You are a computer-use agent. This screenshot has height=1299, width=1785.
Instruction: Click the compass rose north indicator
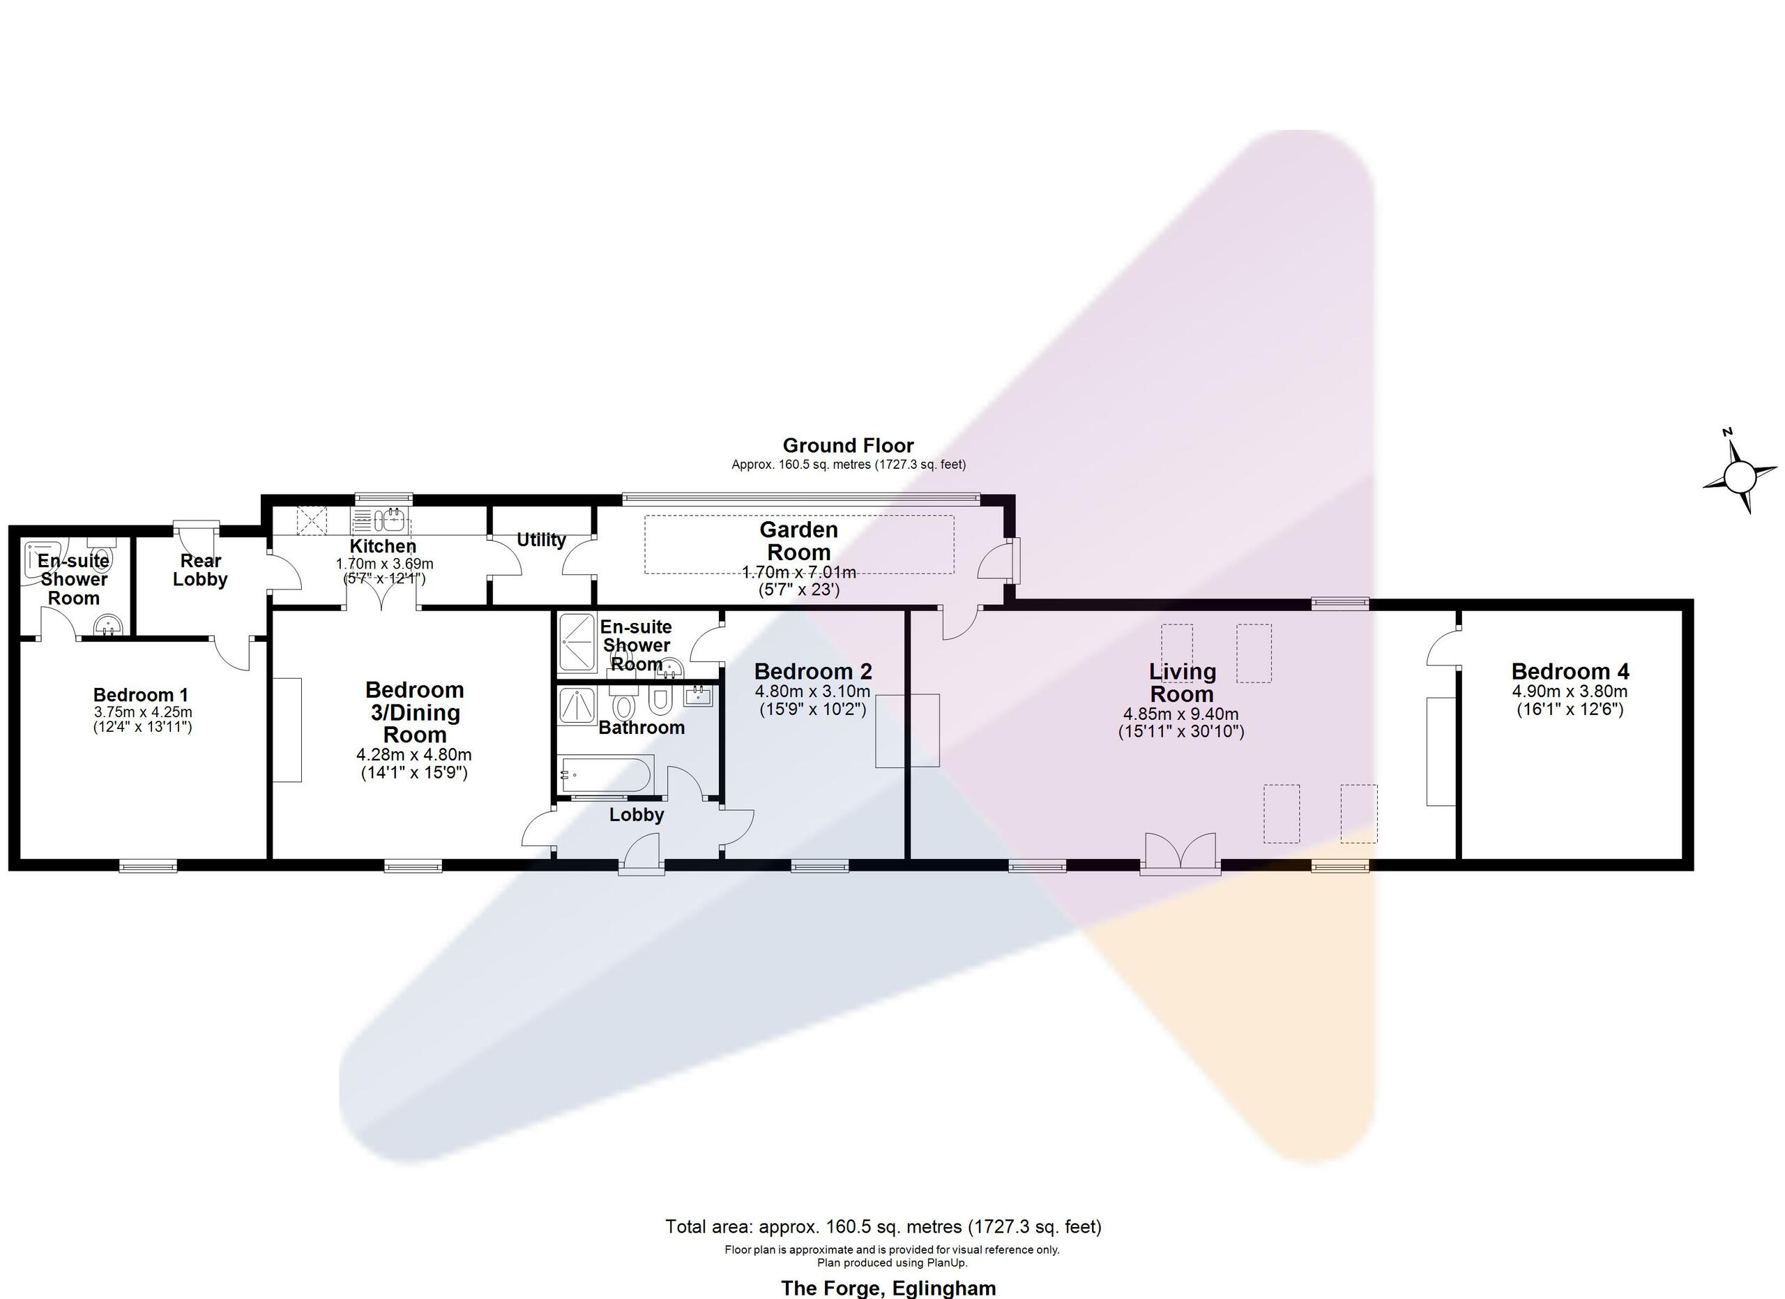[1728, 433]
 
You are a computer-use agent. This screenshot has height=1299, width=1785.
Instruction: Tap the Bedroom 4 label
[1570, 672]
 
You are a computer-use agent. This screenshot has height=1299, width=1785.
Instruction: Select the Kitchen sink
[379, 520]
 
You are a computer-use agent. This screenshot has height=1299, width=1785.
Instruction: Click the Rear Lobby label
[200, 570]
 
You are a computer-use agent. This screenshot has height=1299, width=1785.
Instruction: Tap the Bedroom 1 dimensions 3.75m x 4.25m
[142, 712]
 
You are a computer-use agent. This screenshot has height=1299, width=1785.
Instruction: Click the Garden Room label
[799, 541]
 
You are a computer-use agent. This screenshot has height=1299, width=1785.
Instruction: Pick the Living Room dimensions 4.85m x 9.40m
[1180, 715]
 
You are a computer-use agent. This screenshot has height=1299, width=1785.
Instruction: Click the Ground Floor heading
[848, 446]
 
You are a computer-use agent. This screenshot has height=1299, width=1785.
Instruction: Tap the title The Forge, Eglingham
[888, 1288]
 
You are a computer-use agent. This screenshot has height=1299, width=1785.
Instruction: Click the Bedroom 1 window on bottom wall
[148, 866]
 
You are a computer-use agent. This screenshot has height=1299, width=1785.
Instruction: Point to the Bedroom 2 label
[812, 672]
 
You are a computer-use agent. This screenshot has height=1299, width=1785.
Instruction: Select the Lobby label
[636, 815]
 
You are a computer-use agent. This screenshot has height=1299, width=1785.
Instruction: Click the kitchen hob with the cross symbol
[311, 520]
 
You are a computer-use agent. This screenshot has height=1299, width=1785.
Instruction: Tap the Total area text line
[883, 1226]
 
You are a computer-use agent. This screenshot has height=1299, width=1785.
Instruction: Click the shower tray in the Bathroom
[578, 706]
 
